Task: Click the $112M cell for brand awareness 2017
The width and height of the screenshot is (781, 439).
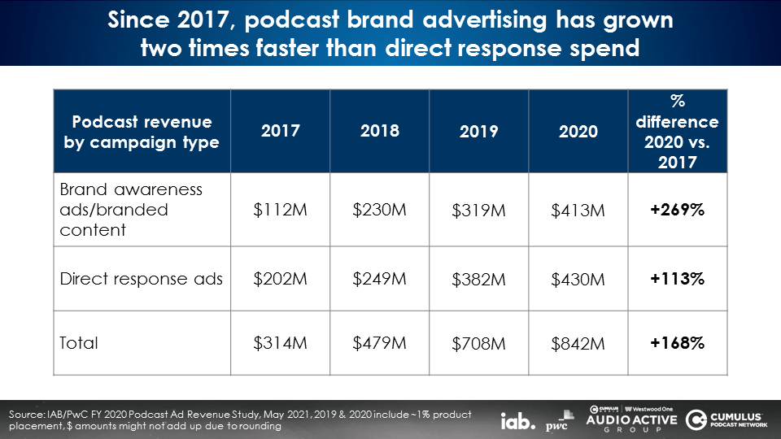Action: [x=280, y=210]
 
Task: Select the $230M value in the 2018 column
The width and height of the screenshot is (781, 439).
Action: [x=379, y=209]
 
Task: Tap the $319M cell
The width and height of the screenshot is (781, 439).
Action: [x=478, y=211]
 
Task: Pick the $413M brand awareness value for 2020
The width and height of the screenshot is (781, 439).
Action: [x=578, y=211]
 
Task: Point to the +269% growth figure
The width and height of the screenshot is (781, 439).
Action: [x=678, y=210]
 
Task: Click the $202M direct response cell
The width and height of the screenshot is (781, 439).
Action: [x=280, y=278]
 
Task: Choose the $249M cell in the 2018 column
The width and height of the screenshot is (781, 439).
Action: [x=379, y=278]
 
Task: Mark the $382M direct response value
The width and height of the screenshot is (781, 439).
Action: [x=478, y=279]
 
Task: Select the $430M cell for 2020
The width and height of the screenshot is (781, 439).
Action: [x=578, y=279]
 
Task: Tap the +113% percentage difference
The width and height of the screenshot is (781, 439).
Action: [x=678, y=278]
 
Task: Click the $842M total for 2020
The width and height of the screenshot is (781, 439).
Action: [x=578, y=344]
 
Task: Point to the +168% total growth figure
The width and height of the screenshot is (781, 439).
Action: [x=678, y=343]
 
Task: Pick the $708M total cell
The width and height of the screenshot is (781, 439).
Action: [x=478, y=344]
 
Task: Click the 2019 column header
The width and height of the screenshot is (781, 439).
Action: [x=478, y=132]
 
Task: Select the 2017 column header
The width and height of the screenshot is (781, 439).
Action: [x=280, y=131]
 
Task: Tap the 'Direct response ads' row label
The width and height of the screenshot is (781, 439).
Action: [x=142, y=278]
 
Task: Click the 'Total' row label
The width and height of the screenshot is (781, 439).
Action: [x=79, y=343]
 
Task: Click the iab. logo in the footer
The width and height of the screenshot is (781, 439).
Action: [x=518, y=421]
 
